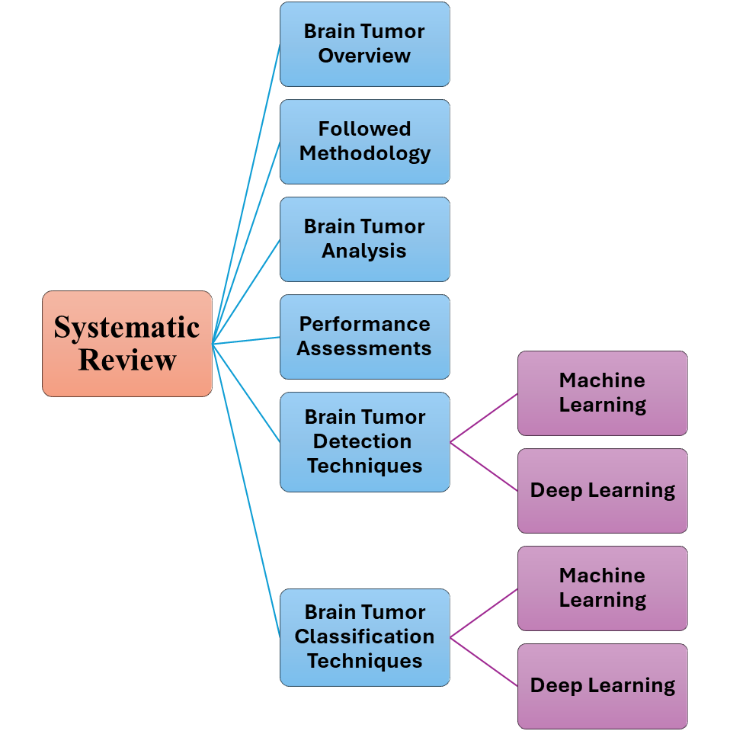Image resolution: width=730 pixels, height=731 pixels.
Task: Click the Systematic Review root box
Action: tap(127, 343)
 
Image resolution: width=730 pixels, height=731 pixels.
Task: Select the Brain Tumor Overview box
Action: tap(364, 44)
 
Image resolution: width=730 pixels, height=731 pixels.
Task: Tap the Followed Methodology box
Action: tap(364, 142)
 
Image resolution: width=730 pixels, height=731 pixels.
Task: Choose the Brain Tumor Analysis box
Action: tap(364, 239)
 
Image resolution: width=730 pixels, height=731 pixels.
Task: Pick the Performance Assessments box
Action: tap(364, 337)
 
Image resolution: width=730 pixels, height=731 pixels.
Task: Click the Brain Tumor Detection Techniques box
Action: tap(364, 442)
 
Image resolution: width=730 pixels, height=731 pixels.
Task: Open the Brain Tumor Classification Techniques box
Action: tap(364, 637)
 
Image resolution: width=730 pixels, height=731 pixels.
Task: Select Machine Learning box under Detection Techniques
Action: tap(602, 393)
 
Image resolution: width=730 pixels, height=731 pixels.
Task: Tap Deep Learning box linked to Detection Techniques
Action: tap(602, 491)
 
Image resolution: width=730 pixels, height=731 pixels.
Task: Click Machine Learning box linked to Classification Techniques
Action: tap(602, 588)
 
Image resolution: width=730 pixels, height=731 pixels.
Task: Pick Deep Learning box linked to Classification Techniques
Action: tap(602, 686)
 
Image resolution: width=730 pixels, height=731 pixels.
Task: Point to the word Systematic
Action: tap(126, 328)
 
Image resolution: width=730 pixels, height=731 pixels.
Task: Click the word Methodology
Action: tap(364, 154)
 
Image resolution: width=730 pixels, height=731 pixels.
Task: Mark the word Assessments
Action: tap(364, 349)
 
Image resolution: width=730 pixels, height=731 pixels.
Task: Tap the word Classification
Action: tap(364, 636)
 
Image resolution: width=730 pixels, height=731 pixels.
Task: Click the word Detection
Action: tap(362, 441)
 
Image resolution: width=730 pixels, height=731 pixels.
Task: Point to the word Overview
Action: tap(364, 56)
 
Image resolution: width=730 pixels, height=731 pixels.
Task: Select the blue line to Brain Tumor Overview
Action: tap(246, 194)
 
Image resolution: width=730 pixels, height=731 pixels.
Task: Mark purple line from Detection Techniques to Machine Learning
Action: tap(484, 418)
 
